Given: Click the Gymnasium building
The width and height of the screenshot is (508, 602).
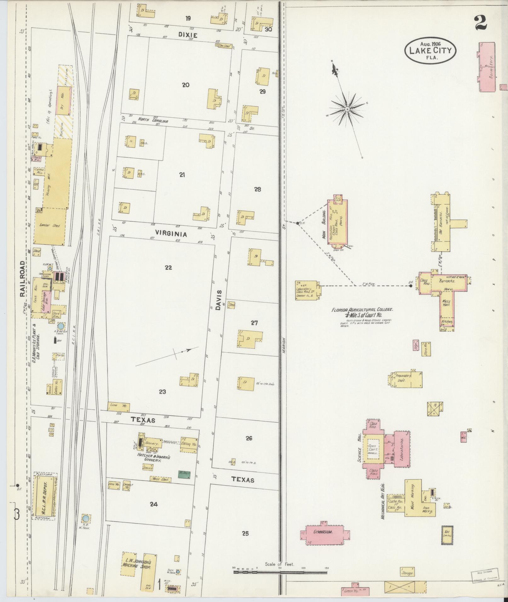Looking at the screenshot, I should coord(324,533).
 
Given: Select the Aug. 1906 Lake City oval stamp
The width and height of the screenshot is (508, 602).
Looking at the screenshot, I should coord(430,51).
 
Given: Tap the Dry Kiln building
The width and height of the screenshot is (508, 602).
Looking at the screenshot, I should coord(64,100).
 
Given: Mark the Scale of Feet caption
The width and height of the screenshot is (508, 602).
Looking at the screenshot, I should coord(279,564).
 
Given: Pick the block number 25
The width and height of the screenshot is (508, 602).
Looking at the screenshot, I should coord(245,533).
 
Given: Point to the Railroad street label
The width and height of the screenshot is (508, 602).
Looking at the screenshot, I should coord(23,279).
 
